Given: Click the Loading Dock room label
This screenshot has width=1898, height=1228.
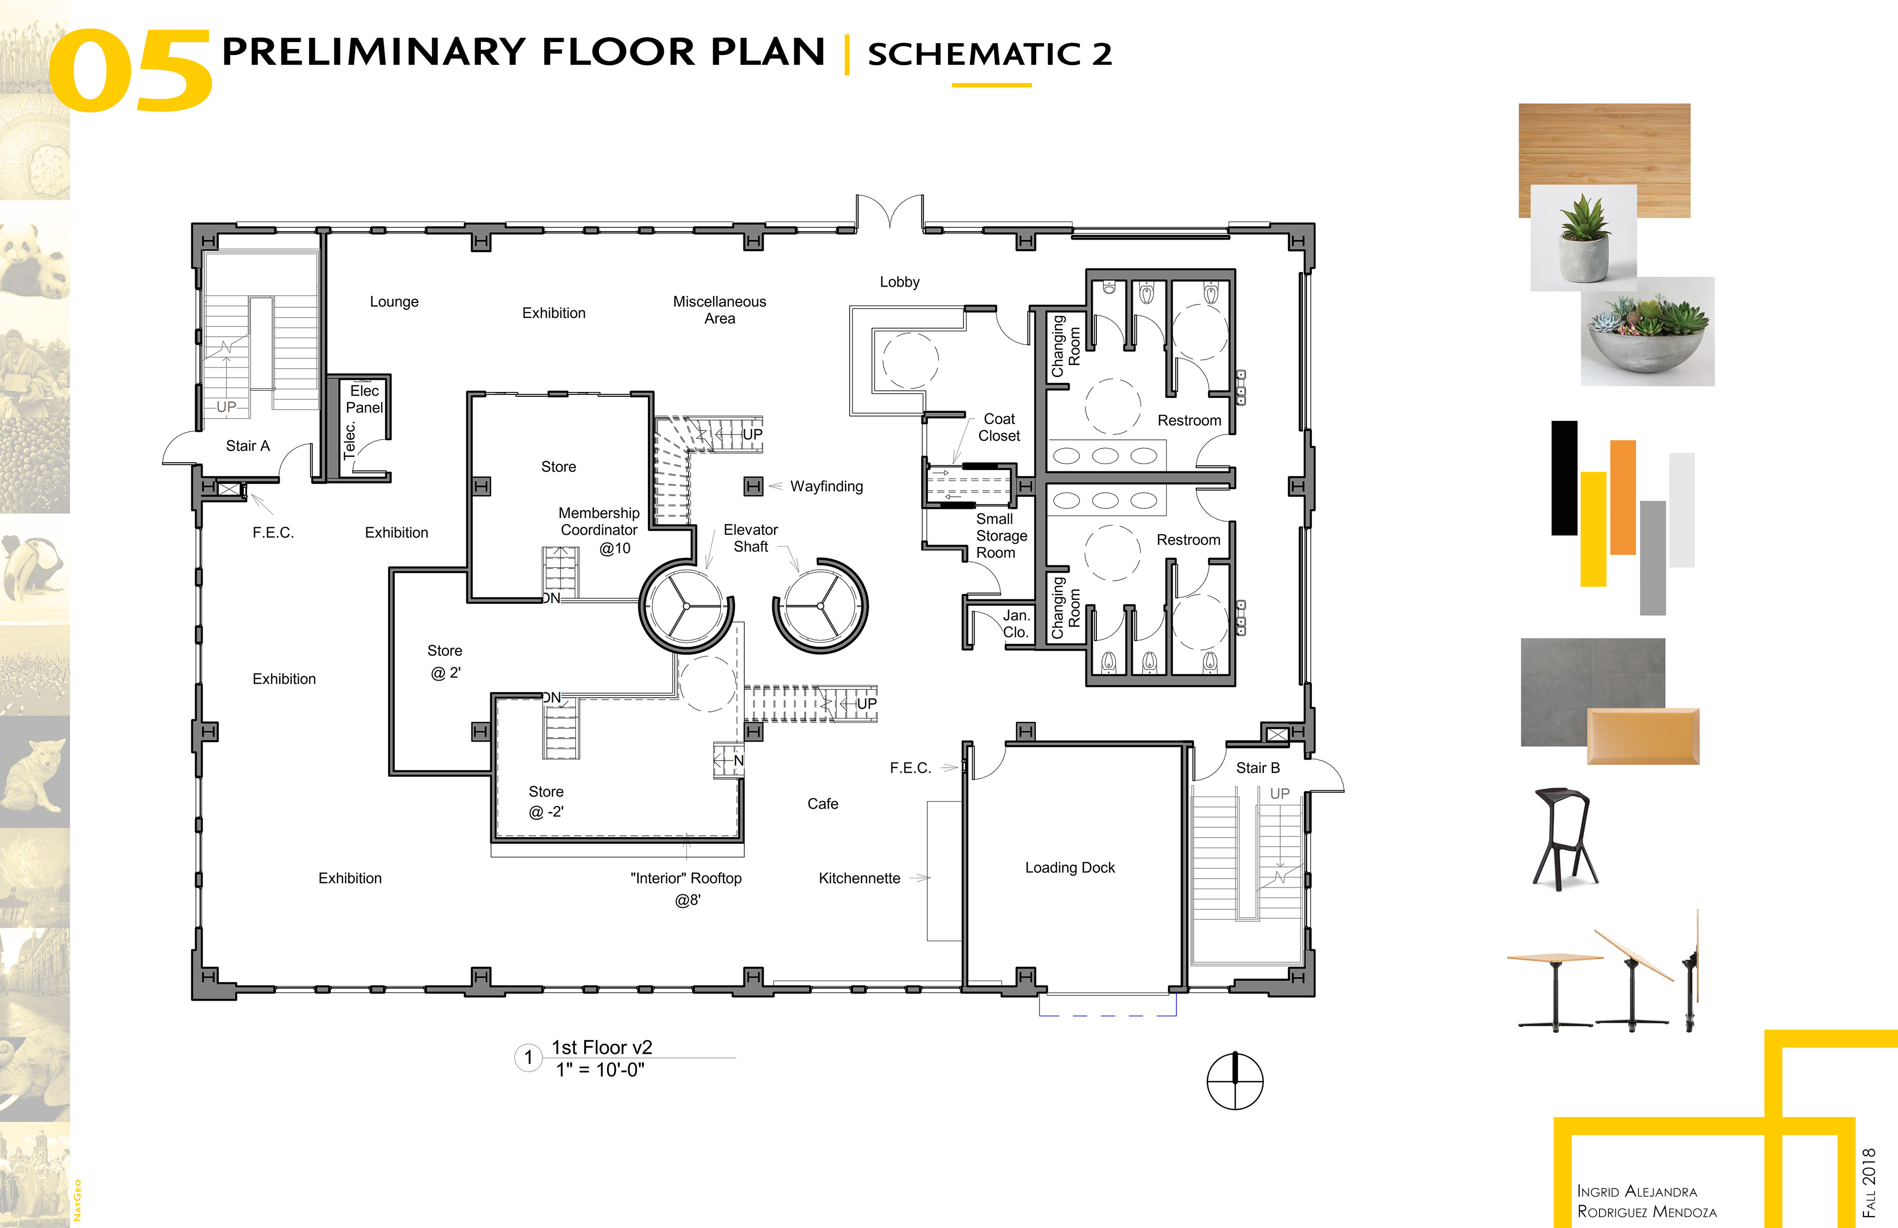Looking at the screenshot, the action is click(x=1070, y=868).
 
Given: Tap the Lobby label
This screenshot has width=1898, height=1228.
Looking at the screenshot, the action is click(x=900, y=282).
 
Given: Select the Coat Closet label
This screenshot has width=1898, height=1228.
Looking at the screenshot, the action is click(x=999, y=427).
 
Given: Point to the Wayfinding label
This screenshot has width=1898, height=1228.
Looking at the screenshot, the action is click(x=826, y=486).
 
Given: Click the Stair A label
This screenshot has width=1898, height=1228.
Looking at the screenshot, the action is click(x=248, y=446).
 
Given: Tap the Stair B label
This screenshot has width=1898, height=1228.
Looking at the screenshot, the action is click(x=1257, y=768).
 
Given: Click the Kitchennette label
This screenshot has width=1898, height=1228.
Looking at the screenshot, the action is click(x=859, y=878).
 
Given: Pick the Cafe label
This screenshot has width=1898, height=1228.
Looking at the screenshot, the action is click(x=822, y=804).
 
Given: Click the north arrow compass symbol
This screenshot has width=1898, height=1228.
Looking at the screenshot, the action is click(x=1235, y=1081).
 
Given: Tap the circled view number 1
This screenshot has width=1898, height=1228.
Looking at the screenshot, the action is click(x=528, y=1058).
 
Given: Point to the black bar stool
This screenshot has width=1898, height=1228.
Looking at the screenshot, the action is click(x=1565, y=839).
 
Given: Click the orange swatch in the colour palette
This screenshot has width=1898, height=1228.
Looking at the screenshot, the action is click(x=1623, y=498).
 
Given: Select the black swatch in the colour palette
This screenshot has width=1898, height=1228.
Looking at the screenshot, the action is click(x=1564, y=478).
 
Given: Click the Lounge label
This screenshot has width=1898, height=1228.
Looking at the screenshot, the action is click(x=394, y=301).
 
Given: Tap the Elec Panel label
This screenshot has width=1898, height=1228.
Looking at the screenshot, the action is click(x=364, y=399).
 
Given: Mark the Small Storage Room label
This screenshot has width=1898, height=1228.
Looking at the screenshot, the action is click(x=1001, y=536).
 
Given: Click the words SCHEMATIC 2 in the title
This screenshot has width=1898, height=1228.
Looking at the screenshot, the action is click(x=990, y=54).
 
